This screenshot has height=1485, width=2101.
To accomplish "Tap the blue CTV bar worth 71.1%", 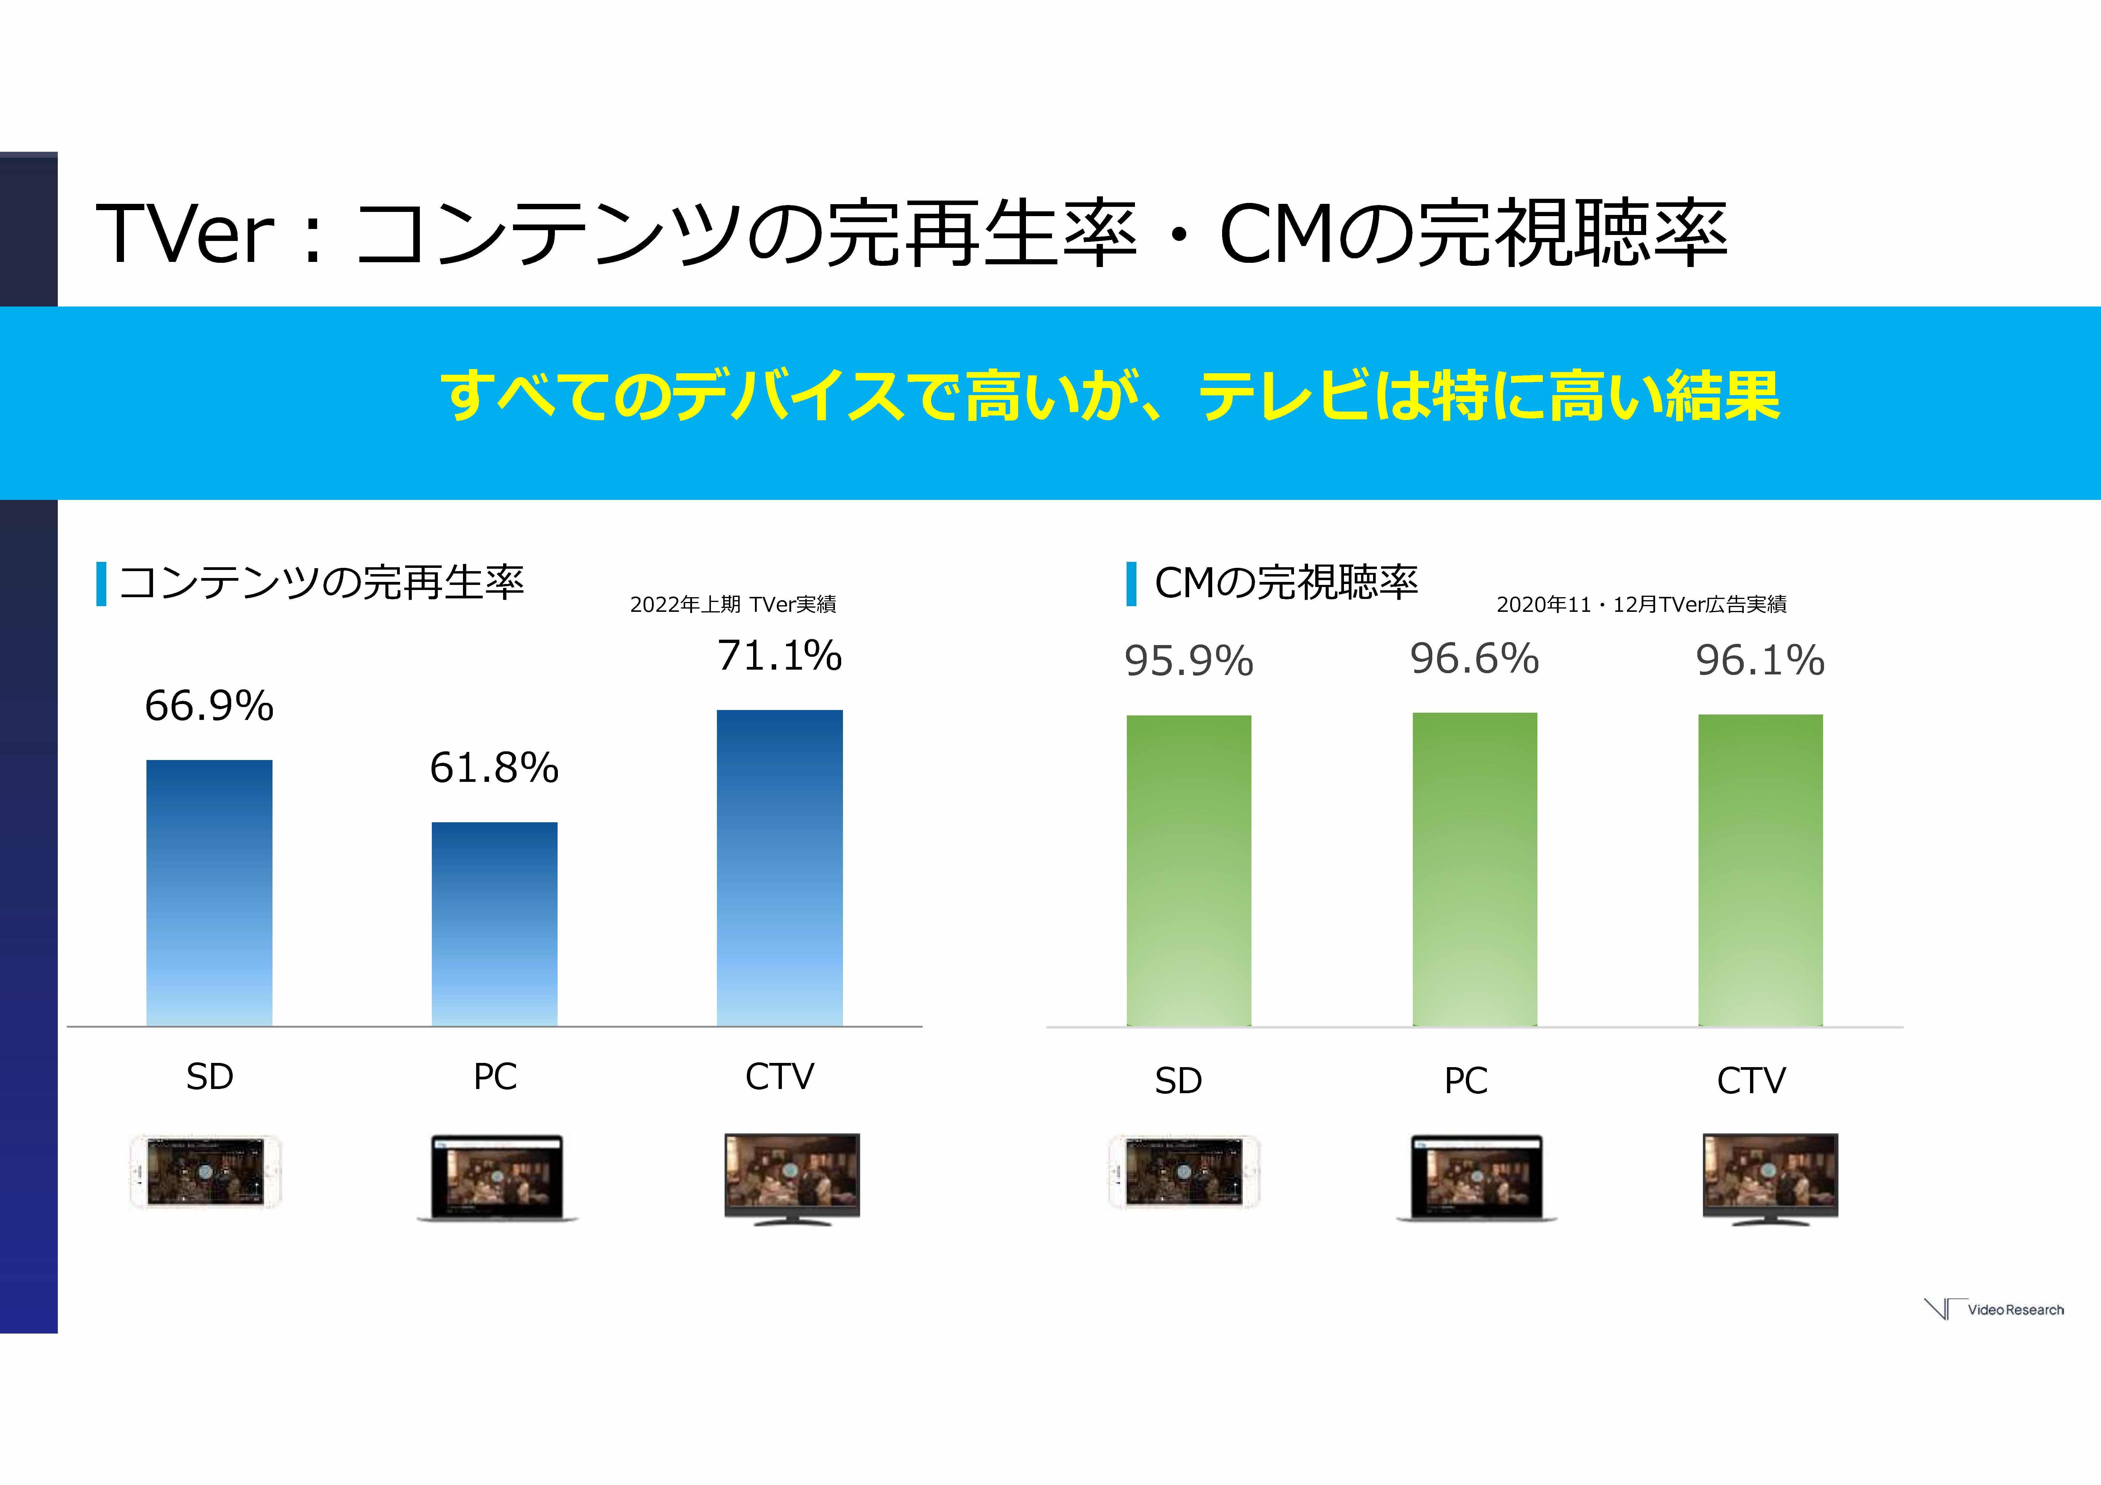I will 779,867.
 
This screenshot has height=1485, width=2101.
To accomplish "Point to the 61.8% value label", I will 494,768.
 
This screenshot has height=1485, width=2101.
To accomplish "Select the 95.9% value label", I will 1189,661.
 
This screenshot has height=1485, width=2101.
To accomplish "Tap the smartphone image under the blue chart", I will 206,1171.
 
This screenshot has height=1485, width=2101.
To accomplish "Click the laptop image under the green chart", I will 1476,1178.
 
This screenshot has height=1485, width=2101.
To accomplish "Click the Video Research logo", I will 1995,1309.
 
